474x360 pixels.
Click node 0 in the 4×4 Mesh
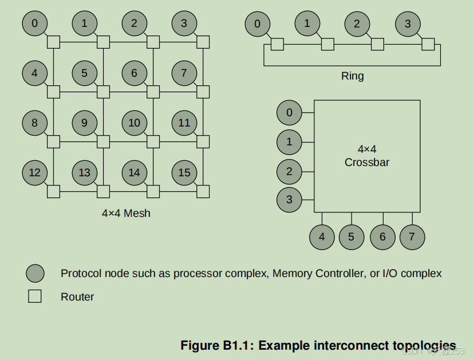(35, 23)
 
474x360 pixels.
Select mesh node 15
(184, 172)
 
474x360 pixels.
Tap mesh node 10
(135, 122)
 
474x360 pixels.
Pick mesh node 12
(35, 172)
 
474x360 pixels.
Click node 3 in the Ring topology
(408, 24)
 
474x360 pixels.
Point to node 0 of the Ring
(258, 24)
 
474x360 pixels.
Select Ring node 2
(357, 24)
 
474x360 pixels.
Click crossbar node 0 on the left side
(289, 113)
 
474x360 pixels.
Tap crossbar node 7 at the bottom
(412, 237)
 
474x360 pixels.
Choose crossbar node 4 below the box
(322, 237)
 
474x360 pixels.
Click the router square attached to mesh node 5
(103, 92)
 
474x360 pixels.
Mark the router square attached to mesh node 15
(203, 191)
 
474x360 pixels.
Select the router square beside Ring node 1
(327, 43)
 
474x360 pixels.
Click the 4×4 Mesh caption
(126, 213)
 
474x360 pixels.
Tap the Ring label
(352, 76)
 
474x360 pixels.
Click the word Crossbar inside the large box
(367, 162)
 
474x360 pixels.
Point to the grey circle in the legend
(35, 274)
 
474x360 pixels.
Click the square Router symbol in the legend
(35, 296)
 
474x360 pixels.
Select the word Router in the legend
(77, 297)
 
